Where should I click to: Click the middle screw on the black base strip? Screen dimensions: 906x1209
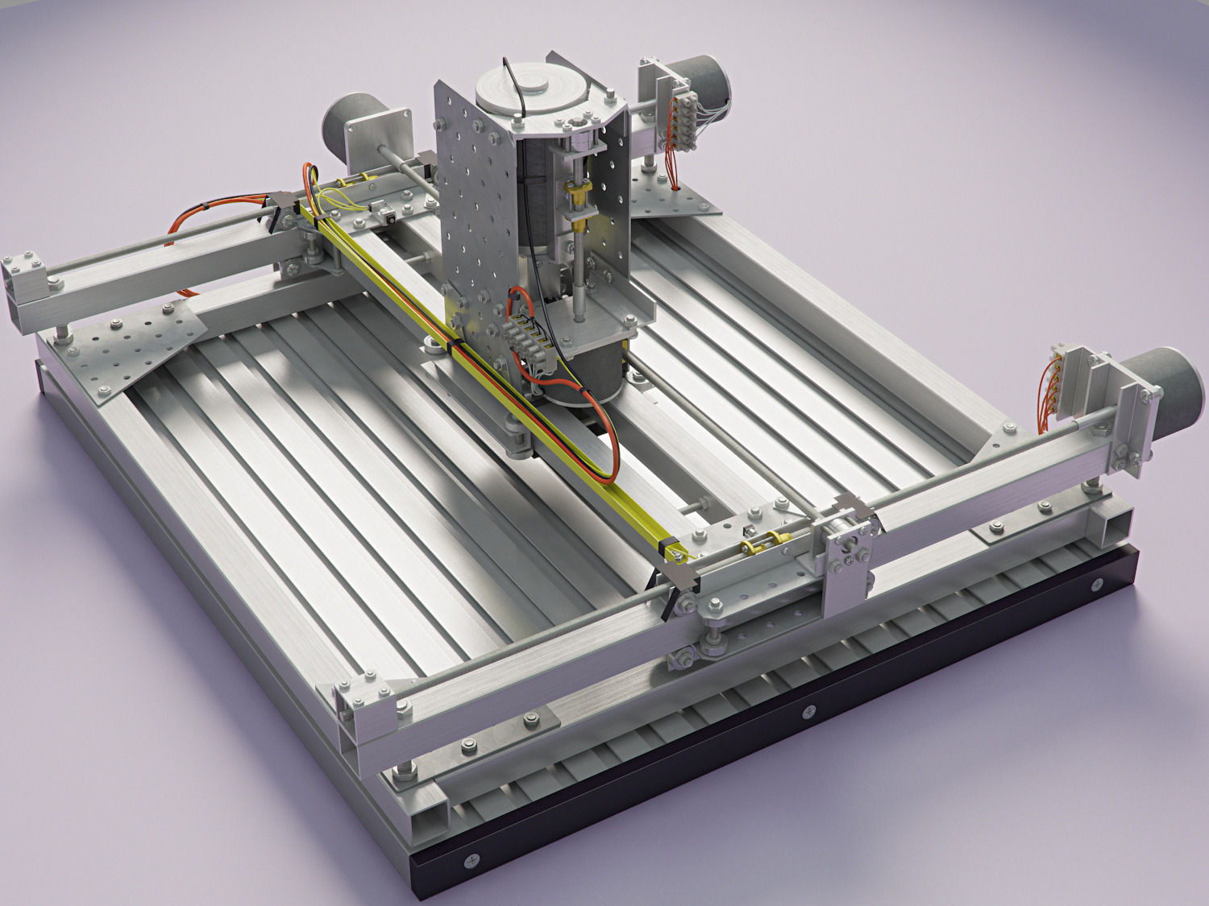click(808, 711)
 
